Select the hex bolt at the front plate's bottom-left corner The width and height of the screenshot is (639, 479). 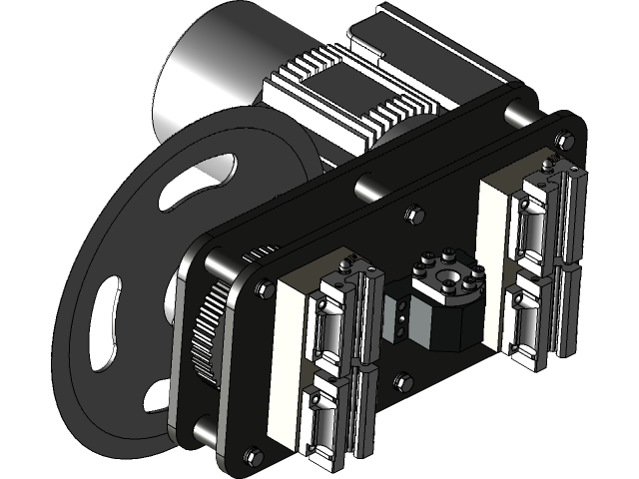[x=252, y=456]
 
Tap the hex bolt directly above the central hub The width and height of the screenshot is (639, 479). [x=410, y=215]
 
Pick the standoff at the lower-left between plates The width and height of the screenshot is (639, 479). [x=201, y=429]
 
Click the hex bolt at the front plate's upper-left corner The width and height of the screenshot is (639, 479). [x=264, y=288]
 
